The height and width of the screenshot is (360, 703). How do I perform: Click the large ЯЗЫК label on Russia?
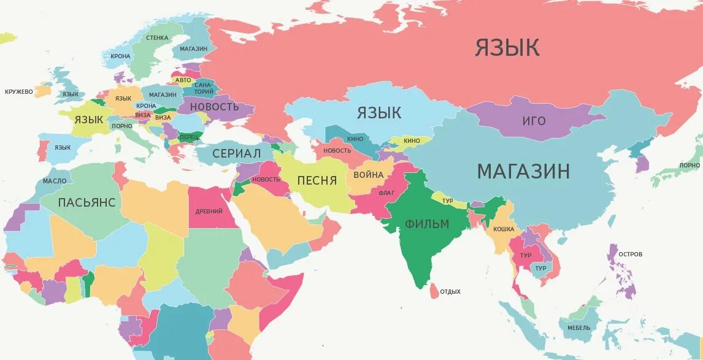click(507, 48)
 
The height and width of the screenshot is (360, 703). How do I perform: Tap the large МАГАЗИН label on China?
click(523, 172)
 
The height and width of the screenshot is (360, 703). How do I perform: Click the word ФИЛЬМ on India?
click(427, 224)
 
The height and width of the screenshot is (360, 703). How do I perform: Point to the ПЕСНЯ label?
click(317, 180)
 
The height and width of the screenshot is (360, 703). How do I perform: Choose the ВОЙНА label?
click(368, 175)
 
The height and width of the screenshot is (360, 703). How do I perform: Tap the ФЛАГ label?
click(386, 193)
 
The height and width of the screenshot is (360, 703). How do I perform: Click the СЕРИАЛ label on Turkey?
click(236, 153)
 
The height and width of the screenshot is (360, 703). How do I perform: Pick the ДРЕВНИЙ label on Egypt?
click(209, 212)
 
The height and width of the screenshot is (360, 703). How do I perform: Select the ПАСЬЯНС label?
click(86, 202)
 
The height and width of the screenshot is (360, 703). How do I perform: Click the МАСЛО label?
click(55, 182)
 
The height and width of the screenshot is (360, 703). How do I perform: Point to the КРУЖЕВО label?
click(19, 92)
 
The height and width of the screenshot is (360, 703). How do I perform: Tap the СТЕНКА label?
click(157, 38)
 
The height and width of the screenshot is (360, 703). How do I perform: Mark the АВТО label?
click(183, 80)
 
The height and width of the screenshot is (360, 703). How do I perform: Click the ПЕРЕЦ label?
click(190, 136)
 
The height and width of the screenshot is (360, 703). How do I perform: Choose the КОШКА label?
click(504, 229)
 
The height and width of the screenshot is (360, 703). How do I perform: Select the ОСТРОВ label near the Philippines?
click(631, 254)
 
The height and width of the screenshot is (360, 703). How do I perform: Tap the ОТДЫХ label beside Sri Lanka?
click(450, 292)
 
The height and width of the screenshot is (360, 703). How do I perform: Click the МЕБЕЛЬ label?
click(579, 328)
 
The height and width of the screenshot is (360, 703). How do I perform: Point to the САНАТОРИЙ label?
click(203, 88)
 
